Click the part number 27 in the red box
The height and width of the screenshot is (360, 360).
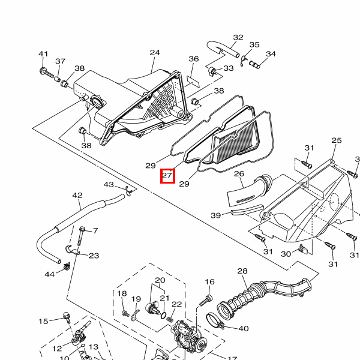[167, 176]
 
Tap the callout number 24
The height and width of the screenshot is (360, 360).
[155, 53]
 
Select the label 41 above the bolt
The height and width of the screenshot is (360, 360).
[43, 55]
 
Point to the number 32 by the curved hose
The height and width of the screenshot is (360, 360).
[238, 37]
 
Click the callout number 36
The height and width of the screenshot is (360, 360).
[193, 59]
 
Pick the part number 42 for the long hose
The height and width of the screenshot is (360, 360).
[77, 196]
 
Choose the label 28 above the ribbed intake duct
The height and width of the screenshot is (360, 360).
[242, 271]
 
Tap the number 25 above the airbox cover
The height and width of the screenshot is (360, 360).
[336, 140]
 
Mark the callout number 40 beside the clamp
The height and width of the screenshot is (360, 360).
[244, 328]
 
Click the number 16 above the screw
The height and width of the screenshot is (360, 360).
[209, 281]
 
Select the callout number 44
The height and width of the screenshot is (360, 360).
[50, 274]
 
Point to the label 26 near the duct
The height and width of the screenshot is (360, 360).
[239, 174]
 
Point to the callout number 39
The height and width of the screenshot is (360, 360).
[216, 215]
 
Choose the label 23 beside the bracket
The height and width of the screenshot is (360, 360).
[94, 256]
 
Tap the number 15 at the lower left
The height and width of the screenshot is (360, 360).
[43, 322]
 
